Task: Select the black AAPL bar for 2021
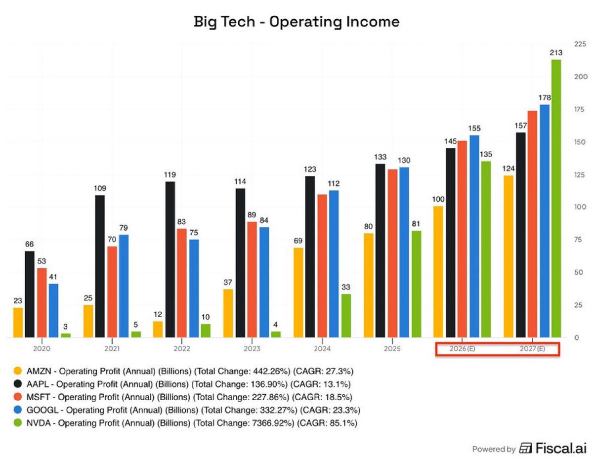tap(100, 266)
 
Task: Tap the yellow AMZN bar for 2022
tap(158, 329)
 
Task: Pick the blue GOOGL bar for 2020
tap(53, 310)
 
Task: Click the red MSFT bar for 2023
tap(252, 280)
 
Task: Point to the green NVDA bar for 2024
tap(346, 316)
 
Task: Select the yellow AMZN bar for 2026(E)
tap(438, 272)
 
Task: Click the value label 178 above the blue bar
tap(545, 98)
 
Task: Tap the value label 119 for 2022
tap(169, 175)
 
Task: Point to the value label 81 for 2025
tap(416, 224)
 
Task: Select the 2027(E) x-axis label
tap(532, 349)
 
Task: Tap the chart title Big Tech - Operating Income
tap(296, 22)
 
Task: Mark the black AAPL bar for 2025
tap(380, 251)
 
